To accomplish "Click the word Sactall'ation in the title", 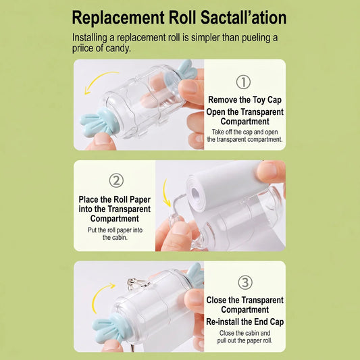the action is coord(243,18).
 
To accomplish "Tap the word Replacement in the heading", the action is coord(118,18).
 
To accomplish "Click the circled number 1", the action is coord(243,82).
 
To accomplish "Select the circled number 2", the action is coord(116,180).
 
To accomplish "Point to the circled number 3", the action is coord(245,282).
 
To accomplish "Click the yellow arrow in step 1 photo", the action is coord(97,80).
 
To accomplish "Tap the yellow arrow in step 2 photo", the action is coord(165,194).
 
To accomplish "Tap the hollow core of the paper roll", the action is coord(195,193).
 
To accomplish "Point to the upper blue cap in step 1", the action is coord(187,70).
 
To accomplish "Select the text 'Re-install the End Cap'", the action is coord(245,322).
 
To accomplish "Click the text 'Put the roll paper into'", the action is coord(115,230).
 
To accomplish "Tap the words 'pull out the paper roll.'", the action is coord(245,340).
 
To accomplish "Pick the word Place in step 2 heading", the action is coord(88,199).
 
